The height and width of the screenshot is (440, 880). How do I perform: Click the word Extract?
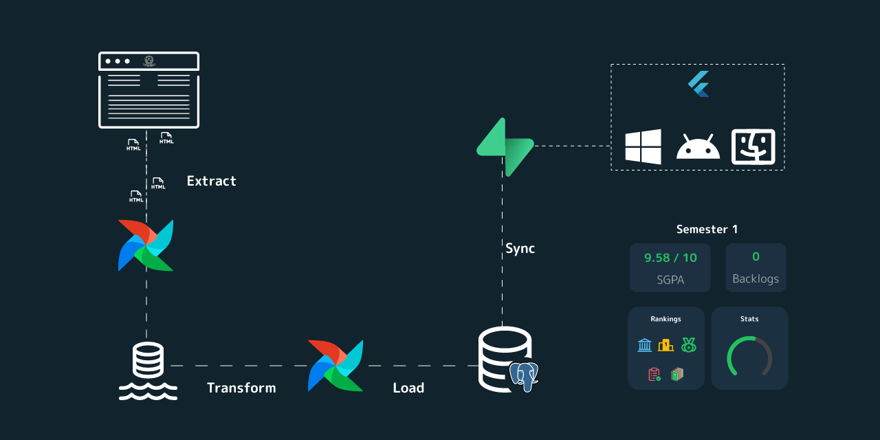(x=211, y=181)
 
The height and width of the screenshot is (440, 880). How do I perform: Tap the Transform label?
(x=241, y=388)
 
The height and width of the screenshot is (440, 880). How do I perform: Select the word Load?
(x=408, y=388)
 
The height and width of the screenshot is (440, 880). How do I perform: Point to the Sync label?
(x=520, y=249)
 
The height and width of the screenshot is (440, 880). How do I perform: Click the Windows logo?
(x=643, y=146)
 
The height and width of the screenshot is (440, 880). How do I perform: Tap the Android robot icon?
(x=698, y=147)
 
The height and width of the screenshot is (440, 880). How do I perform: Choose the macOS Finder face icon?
(x=753, y=146)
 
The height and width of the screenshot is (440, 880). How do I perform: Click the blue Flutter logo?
(x=698, y=84)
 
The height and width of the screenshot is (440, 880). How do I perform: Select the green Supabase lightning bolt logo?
(x=505, y=146)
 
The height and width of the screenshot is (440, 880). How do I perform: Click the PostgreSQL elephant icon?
(x=524, y=376)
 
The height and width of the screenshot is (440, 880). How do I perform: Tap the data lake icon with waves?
(x=148, y=371)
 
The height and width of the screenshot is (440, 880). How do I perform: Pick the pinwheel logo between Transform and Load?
(x=335, y=365)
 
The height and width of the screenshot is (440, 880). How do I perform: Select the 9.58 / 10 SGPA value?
(x=670, y=258)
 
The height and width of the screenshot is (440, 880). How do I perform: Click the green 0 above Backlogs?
(x=756, y=257)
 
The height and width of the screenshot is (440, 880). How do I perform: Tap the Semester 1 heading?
(x=707, y=230)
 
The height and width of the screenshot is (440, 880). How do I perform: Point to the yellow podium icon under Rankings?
(x=665, y=345)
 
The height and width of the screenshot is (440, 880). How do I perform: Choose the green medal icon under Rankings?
(x=688, y=345)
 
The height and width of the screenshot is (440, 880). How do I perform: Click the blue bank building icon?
(x=644, y=345)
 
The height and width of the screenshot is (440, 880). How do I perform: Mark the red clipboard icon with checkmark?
(x=654, y=374)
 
